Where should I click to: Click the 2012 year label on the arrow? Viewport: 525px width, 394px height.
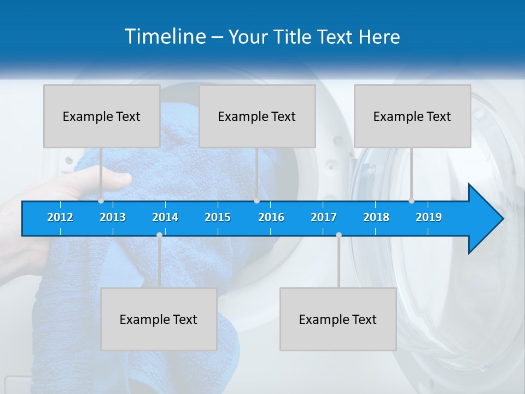[60, 217]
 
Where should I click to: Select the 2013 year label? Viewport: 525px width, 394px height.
[113, 217]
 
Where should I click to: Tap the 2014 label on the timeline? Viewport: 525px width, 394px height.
[165, 217]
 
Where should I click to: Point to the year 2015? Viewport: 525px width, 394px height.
[218, 217]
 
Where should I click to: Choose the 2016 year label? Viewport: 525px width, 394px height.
[271, 217]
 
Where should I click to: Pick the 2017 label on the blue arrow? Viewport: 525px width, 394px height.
[324, 217]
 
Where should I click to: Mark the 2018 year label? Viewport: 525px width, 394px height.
[376, 217]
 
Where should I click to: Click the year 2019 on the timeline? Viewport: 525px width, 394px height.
[429, 217]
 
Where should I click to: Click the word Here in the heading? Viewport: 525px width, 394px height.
[379, 37]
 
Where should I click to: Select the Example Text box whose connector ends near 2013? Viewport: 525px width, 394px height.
[102, 116]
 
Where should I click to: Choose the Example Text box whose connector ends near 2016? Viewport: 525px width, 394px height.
[257, 116]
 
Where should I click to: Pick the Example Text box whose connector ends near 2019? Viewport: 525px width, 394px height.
[412, 116]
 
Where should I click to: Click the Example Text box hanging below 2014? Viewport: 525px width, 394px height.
[159, 319]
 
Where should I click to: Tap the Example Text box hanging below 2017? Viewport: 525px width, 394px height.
[338, 319]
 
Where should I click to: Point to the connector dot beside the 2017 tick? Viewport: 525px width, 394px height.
[339, 235]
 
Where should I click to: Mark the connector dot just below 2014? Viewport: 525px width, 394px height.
[159, 235]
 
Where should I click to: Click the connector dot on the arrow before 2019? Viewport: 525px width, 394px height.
[411, 200]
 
